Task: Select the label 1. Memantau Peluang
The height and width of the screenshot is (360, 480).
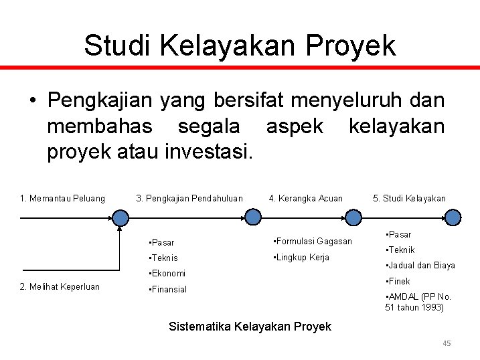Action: (x=62, y=198)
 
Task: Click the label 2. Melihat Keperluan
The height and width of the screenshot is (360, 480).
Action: (x=60, y=286)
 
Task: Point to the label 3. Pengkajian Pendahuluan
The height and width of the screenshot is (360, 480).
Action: (x=189, y=198)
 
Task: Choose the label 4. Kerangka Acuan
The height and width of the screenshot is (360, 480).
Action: (x=305, y=198)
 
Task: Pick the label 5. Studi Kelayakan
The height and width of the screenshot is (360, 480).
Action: (x=409, y=198)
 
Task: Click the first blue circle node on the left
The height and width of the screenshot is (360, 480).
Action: (x=121, y=217)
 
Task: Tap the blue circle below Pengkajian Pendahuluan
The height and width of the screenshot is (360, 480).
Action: (x=253, y=217)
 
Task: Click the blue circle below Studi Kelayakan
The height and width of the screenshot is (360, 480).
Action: (x=453, y=217)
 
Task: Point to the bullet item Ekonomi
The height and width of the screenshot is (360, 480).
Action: (x=168, y=273)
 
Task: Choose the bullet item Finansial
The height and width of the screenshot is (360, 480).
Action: (x=169, y=289)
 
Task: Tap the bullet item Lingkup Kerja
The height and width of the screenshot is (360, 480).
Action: (x=301, y=257)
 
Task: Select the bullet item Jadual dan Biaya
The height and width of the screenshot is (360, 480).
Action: (x=420, y=265)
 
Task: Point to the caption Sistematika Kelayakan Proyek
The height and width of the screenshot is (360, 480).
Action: (x=250, y=327)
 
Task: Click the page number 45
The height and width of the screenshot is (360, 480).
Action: (x=447, y=343)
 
